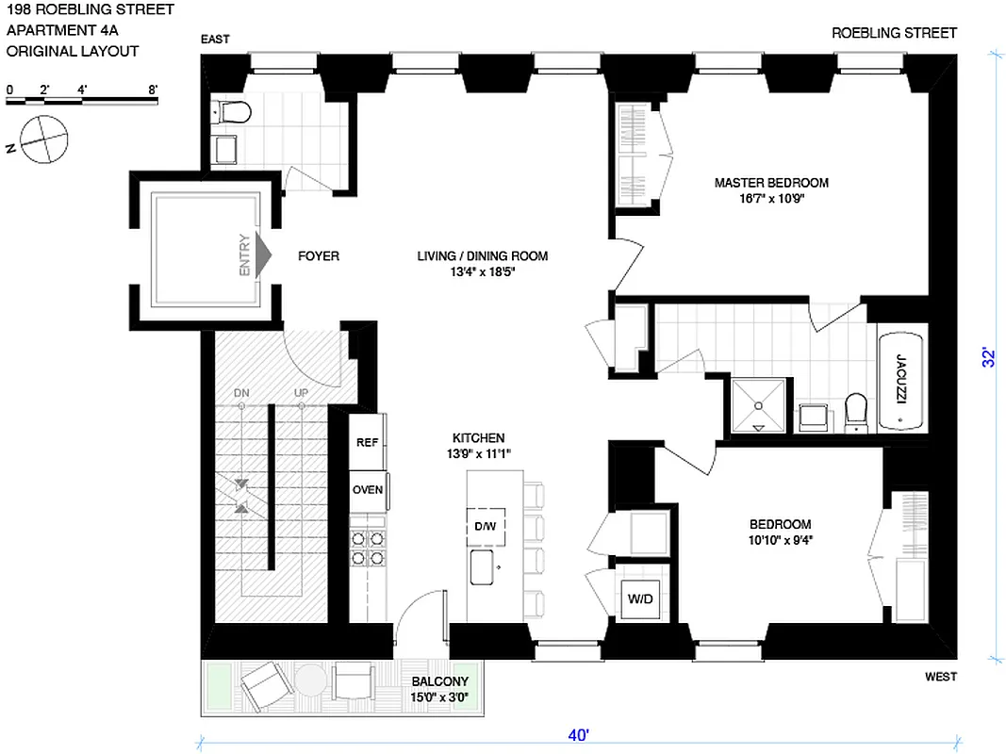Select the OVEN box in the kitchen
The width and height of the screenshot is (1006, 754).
click(367, 490)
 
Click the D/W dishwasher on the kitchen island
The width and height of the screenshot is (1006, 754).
click(486, 526)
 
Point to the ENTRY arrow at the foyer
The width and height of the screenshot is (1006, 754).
click(263, 254)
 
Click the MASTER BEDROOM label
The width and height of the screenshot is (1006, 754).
click(770, 183)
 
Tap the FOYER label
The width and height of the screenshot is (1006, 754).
click(319, 255)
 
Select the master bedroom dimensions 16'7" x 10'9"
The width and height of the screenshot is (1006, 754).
click(770, 199)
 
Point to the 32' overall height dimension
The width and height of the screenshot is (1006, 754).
click(988, 357)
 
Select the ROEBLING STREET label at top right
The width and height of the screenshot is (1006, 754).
click(894, 33)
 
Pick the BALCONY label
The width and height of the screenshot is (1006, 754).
click(438, 682)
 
